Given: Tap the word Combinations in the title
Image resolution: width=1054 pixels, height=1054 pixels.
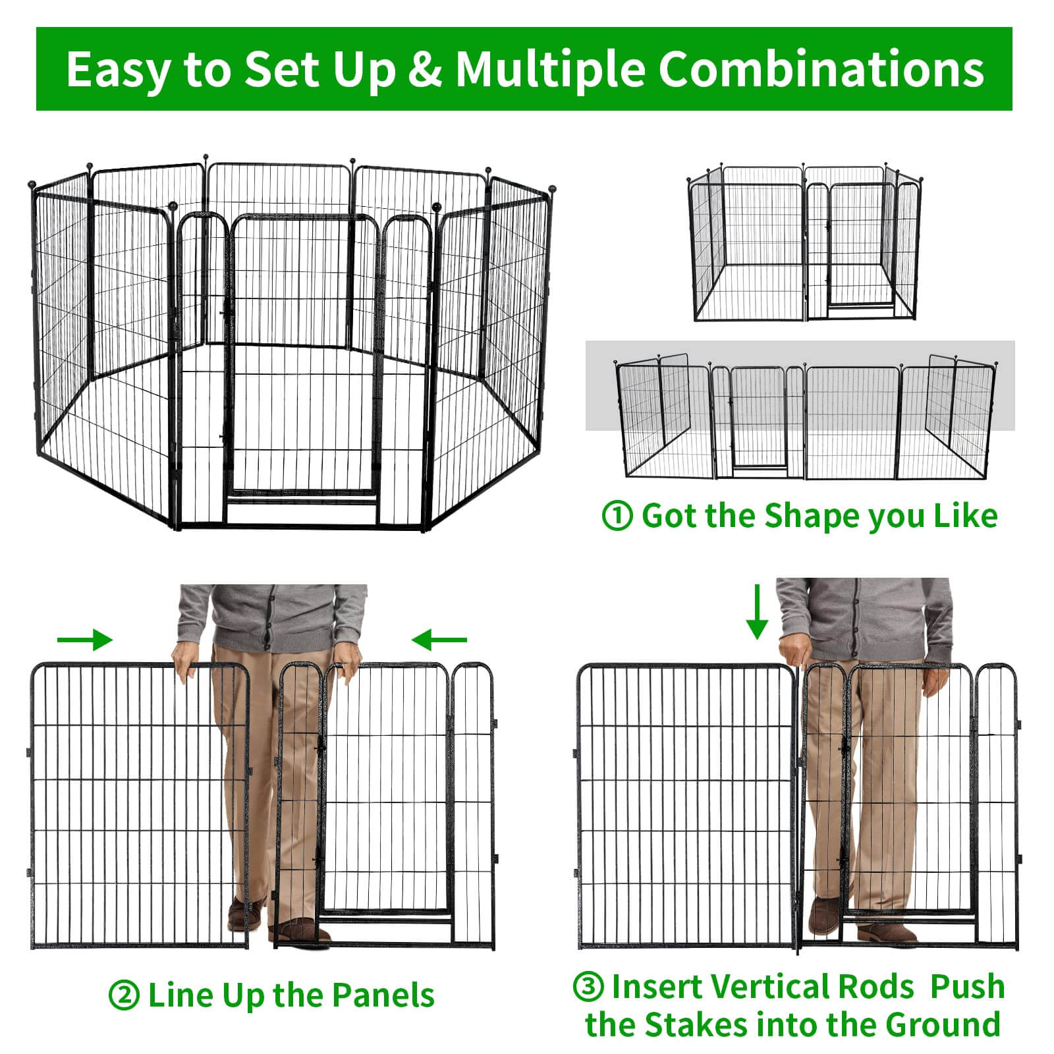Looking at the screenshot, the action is pyautogui.click(x=821, y=69).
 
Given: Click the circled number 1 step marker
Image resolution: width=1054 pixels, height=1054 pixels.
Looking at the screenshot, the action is pyautogui.click(x=617, y=516).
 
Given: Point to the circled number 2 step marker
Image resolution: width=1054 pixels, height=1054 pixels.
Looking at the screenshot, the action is pyautogui.click(x=124, y=995).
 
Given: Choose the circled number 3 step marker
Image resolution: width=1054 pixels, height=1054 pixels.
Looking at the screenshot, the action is pyautogui.click(x=589, y=987).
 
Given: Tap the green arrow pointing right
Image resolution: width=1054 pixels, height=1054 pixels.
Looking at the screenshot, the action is pyautogui.click(x=85, y=639).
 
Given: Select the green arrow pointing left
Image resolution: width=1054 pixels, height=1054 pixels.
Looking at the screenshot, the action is pyautogui.click(x=439, y=639).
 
